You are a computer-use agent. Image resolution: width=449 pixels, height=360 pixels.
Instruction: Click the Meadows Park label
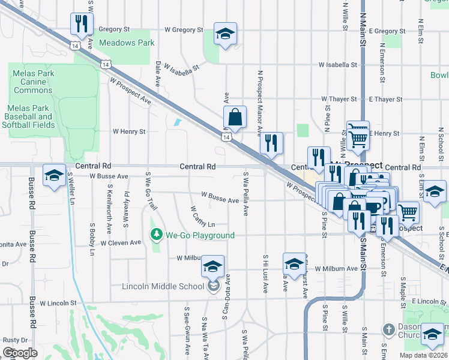tap(127, 43)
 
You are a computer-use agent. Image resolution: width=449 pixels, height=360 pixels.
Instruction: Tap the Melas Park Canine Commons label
tap(33, 82)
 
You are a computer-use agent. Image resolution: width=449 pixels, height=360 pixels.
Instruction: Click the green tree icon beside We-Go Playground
tap(157, 235)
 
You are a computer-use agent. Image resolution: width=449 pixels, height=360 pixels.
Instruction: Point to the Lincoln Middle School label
tap(163, 286)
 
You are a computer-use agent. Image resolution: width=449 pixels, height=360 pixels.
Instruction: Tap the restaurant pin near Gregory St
tap(79, 25)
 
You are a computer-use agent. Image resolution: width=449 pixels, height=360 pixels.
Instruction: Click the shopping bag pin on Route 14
tap(235, 118)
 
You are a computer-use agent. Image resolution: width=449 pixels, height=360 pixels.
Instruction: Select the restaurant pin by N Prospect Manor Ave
tap(271, 143)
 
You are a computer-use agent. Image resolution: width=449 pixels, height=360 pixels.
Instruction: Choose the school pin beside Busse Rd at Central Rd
tap(54, 176)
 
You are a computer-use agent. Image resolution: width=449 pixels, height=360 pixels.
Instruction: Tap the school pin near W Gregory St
tap(225, 34)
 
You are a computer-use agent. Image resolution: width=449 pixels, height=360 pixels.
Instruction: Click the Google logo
tap(20, 353)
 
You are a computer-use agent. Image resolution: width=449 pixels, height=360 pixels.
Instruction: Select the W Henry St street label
tap(129, 131)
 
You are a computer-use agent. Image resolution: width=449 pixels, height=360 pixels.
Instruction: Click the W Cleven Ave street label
tap(121, 243)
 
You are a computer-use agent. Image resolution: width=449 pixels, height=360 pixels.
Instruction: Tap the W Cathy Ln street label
tap(202, 217)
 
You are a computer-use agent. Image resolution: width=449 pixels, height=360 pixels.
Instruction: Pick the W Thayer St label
tap(339, 98)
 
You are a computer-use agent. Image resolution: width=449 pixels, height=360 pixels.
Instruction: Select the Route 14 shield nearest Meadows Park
tap(106, 63)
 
